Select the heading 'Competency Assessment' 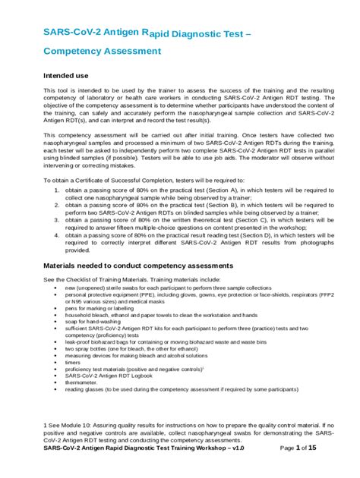pos(102,51)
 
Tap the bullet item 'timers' pos(74,361)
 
